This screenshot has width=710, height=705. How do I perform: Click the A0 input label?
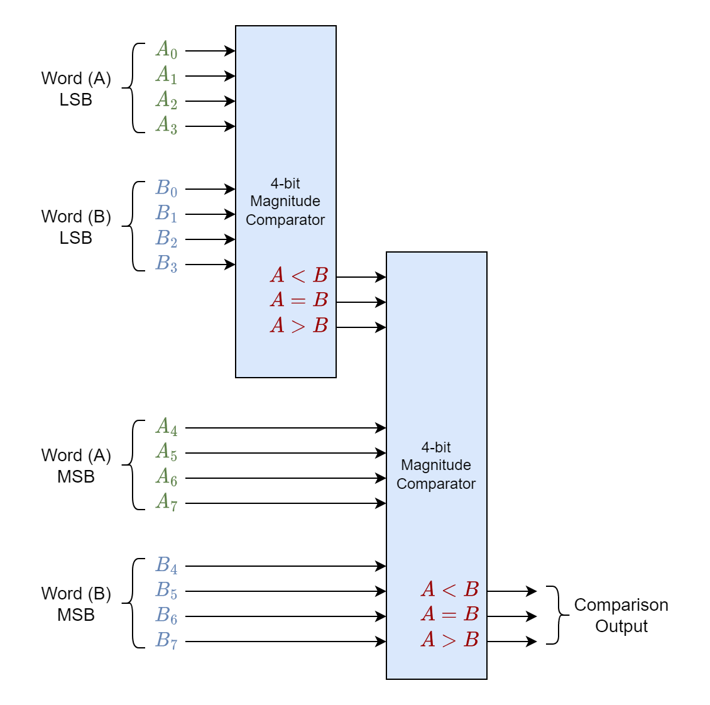coord(167,50)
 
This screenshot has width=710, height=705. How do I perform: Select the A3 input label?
coord(167,125)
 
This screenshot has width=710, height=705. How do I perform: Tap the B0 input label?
coord(167,189)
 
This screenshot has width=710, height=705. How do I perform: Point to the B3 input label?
coord(167,263)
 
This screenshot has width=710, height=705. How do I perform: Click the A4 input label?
coord(167,427)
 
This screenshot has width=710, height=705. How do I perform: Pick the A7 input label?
coord(167,502)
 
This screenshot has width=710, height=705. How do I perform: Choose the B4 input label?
coord(167,566)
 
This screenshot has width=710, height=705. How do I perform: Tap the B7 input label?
coord(167,640)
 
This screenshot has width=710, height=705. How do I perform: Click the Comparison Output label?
coord(621,616)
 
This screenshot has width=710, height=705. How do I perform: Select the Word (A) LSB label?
coord(76,89)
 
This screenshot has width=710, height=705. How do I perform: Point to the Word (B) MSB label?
coord(76,604)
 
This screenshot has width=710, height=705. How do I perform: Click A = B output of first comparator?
coord(299,300)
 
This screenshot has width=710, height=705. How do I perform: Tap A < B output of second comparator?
coord(450,589)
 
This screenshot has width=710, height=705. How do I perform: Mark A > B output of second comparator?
coord(450,640)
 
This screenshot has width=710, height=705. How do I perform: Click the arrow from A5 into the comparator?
coord(286,453)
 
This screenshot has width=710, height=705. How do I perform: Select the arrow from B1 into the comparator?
coord(210,214)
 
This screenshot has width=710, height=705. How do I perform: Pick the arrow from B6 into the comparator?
coord(286,616)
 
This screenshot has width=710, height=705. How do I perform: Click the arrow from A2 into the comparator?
coord(210,101)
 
